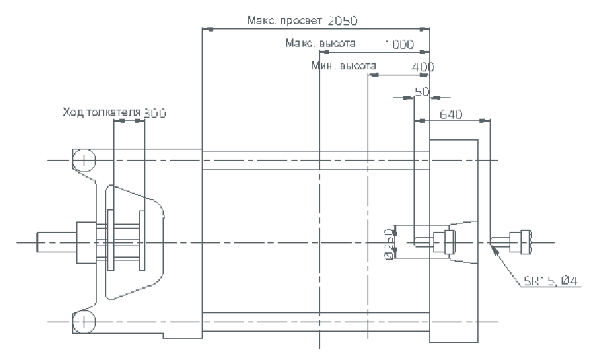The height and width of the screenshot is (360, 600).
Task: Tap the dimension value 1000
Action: coord(399,45)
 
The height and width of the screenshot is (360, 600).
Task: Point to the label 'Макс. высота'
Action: coord(321,44)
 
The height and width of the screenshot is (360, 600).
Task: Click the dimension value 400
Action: coord(422,67)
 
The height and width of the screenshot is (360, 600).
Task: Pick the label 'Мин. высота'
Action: coord(344,66)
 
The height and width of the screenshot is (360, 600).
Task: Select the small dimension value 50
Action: coord(422,91)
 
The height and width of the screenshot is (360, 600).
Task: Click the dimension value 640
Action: coord(453,114)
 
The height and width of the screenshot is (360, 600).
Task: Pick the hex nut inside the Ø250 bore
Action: coord(448,241)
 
